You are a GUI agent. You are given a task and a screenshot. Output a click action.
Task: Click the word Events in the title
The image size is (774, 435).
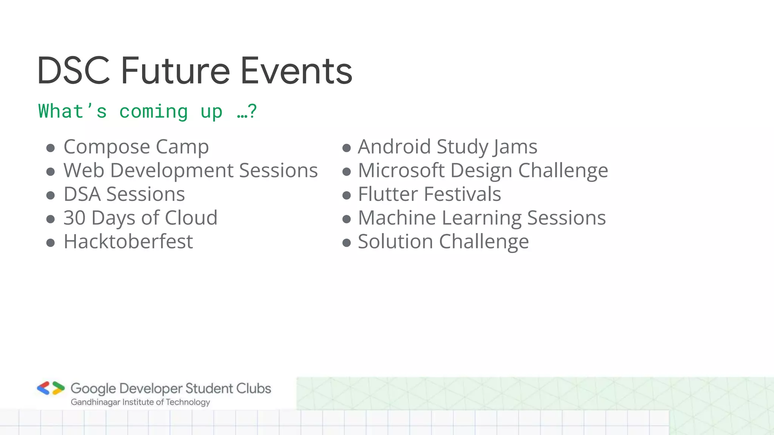[x=296, y=71]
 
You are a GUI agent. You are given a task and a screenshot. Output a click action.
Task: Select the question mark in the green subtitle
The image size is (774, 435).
[x=253, y=111]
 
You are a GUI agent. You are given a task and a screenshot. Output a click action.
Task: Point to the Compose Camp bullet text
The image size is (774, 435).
[x=136, y=147]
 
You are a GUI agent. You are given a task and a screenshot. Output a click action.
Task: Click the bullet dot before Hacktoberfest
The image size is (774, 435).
[x=51, y=242]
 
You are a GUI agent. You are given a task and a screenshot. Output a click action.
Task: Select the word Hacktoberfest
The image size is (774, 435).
[x=128, y=242]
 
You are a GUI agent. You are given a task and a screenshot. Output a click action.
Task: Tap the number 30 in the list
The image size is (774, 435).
[x=74, y=218]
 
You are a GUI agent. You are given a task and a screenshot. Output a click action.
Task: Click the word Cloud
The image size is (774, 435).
[x=191, y=218]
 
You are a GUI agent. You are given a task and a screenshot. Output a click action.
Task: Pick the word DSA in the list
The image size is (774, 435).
[x=82, y=194]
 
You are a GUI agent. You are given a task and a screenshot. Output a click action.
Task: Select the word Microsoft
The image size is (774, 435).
[x=401, y=170]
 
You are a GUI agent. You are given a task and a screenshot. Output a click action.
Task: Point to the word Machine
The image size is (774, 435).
[x=397, y=218]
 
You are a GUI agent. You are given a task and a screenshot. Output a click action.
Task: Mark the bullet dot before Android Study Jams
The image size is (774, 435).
[x=347, y=148]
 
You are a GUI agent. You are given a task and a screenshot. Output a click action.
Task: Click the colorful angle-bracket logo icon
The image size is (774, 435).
[x=51, y=388]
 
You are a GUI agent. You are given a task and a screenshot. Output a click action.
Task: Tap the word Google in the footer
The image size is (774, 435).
[x=93, y=389]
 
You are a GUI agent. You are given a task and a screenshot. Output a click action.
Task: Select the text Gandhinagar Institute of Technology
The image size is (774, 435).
[x=140, y=402]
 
